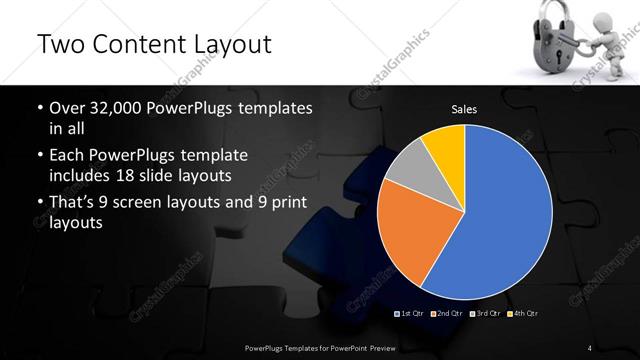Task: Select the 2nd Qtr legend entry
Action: pyautogui.click(x=448, y=314)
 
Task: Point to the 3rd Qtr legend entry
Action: pyautogui.click(x=485, y=314)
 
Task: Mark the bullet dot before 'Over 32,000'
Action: pyautogui.click(x=39, y=107)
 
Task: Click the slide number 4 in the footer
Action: pyautogui.click(x=589, y=347)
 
